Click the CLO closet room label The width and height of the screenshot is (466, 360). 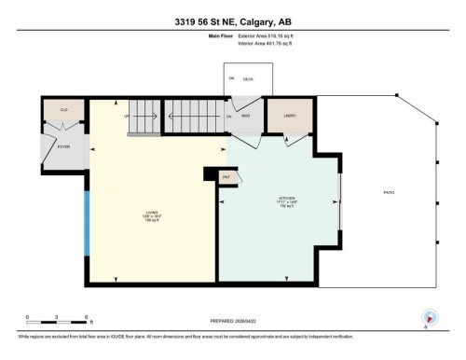click(64, 111)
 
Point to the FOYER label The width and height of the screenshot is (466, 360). click(64, 146)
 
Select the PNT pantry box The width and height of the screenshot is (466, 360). click(226, 176)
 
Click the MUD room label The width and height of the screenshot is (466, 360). click(247, 117)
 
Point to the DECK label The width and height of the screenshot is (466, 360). click(248, 79)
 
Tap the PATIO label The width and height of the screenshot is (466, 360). click(391, 193)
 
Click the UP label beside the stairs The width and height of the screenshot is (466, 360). click(127, 117)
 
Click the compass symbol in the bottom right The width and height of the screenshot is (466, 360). click(430, 319)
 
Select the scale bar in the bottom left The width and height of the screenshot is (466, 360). click(57, 323)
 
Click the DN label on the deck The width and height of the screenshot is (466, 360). click(230, 77)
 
